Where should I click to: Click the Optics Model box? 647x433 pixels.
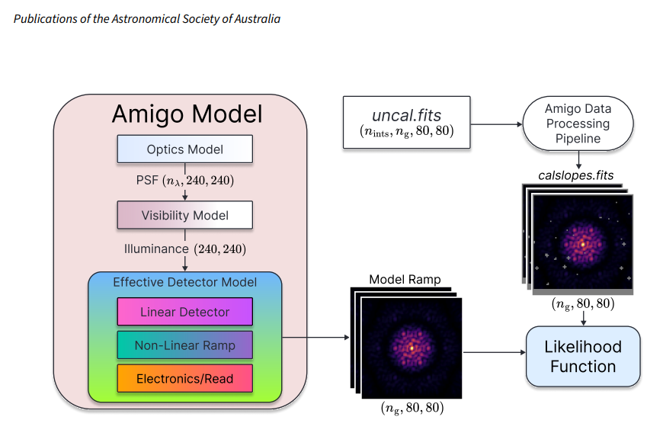[184, 149]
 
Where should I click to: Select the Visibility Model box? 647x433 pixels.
[184, 216]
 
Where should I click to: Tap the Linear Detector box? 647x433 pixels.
[184, 312]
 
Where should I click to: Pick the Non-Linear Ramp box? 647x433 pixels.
[184, 345]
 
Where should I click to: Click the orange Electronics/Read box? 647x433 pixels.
[184, 378]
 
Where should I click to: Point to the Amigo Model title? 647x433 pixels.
[187, 114]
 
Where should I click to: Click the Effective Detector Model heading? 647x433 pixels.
[184, 282]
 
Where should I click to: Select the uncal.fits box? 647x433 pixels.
[407, 122]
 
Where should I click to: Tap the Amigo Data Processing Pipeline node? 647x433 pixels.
[578, 123]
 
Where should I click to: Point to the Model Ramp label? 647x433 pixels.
[405, 279]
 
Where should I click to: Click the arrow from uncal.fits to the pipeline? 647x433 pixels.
[496, 123]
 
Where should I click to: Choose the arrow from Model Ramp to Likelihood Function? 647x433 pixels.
[494, 352]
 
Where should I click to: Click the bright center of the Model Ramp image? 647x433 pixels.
[412, 348]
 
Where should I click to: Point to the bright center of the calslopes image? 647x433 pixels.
[583, 244]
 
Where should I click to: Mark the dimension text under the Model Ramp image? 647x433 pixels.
[412, 409]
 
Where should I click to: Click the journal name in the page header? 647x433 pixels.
[147, 18]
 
